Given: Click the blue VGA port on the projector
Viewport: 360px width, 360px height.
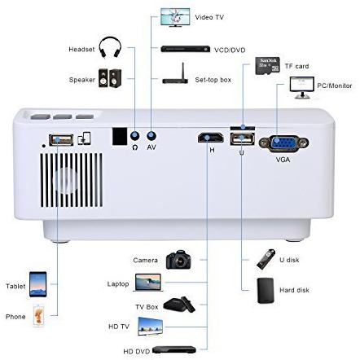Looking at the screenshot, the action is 283,143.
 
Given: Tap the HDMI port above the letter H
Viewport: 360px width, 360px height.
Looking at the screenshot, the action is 211,138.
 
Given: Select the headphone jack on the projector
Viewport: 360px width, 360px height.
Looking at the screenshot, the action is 135,135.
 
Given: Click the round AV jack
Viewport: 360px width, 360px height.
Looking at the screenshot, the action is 151,135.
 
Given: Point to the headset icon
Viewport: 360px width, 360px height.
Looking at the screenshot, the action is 110,47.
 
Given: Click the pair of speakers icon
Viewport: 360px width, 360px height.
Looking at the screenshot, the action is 110,78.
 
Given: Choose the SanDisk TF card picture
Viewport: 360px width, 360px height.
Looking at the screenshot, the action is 267,66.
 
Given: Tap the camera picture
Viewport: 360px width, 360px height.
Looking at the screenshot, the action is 178,260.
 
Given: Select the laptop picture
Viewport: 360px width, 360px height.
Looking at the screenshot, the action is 148,283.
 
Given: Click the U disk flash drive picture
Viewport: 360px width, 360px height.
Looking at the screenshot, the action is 266,259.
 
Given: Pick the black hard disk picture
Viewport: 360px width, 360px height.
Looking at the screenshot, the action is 266,290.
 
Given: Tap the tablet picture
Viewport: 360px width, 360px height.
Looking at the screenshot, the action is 38,284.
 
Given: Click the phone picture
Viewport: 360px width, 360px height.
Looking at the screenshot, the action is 38,316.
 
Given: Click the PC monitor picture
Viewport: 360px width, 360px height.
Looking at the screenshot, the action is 302,87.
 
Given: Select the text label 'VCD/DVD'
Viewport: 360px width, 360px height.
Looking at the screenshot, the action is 230,50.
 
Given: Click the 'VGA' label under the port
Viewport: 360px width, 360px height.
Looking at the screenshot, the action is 283,160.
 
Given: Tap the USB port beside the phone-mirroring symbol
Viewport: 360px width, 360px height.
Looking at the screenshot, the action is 61,140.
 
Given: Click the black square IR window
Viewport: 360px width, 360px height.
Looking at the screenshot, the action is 120,136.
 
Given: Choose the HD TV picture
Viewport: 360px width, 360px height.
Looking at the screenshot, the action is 151,326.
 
